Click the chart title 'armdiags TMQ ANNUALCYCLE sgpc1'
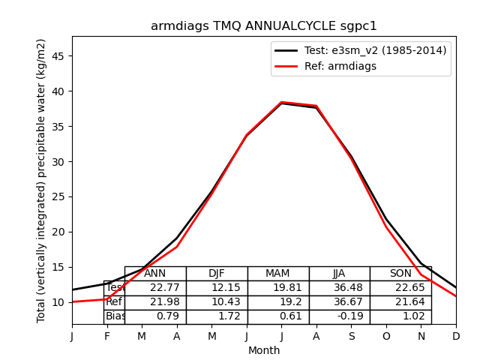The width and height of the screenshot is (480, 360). (264, 26)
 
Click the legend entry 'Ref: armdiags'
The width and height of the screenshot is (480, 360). (340, 66)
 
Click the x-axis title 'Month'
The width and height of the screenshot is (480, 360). (264, 350)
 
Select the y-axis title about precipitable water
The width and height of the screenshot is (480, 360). (42, 181)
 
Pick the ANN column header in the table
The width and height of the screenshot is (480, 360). (155, 274)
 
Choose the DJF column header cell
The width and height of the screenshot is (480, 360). (217, 274)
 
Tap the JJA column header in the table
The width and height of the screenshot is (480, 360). (339, 274)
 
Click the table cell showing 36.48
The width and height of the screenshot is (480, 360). (339, 288)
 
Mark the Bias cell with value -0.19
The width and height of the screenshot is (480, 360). (339, 316)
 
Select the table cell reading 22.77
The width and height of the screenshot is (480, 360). (155, 288)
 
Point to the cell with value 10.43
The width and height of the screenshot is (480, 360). (217, 302)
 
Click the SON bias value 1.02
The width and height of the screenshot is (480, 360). (400, 316)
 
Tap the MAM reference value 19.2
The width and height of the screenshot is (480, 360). (278, 302)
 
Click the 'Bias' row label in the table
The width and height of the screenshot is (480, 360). (115, 316)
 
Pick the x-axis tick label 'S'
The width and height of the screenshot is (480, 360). (351, 337)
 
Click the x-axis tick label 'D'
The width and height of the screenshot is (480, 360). (456, 337)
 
